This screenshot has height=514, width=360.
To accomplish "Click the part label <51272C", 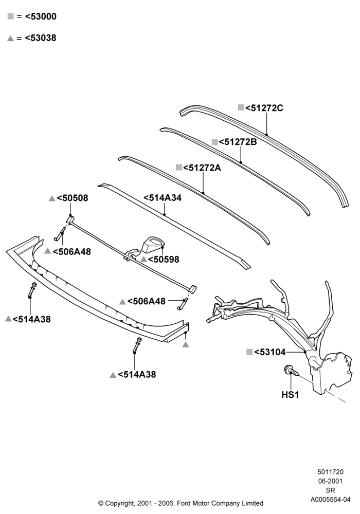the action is pos(264,108).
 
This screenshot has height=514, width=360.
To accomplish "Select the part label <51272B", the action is pos(238,142).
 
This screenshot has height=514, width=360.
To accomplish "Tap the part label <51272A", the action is pos(202,168).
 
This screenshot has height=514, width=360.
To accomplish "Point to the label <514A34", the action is pos(163,198).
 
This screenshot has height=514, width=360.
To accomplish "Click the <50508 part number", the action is pos(73,198).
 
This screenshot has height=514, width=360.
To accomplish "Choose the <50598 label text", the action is pos(164,259).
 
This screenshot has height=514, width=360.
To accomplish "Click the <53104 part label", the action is pos(270,352).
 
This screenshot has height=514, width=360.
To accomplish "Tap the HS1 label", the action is pos(290,395).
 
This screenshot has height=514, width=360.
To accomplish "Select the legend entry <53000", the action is pos(41,16).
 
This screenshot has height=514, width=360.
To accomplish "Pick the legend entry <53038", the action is pos(41,38).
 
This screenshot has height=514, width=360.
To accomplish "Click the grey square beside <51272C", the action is pos(241,107).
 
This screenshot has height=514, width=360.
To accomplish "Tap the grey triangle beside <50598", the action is pos(143,259).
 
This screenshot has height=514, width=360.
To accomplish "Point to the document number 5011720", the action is pos(331,472).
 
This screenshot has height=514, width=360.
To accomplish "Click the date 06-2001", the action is pos(331,481).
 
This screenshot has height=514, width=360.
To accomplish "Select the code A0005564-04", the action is pos(331,500).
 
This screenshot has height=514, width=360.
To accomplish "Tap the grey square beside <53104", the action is pos(249,352).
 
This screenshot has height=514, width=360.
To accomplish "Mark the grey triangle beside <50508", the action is pos(52,198).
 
